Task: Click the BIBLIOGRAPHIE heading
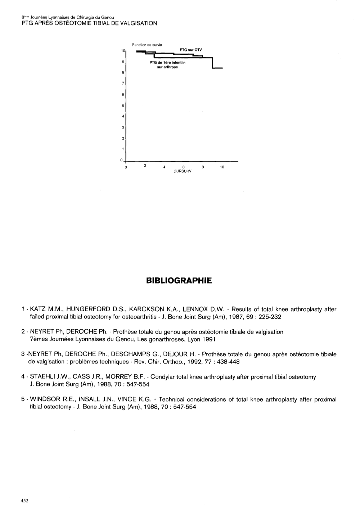[x=180, y=280]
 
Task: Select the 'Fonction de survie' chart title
[x=147, y=45]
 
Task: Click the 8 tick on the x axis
[x=203, y=167]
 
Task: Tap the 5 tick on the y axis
[x=123, y=106]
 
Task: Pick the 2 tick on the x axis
[x=145, y=166]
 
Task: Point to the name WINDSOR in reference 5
[x=46, y=399]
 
